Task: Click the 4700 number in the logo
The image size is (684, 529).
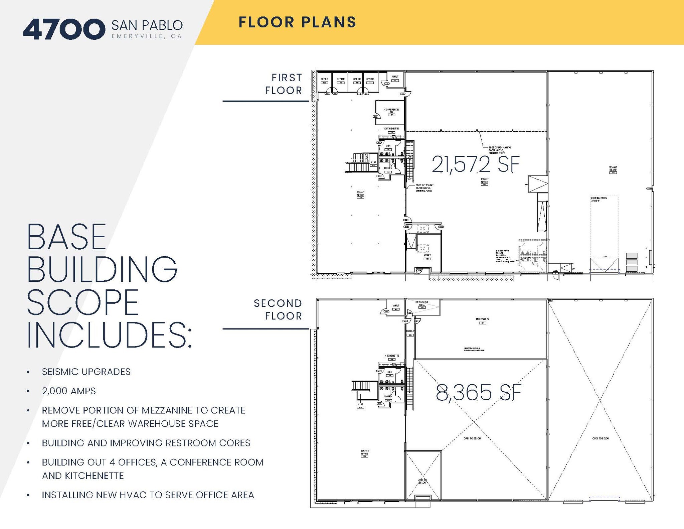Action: (63, 29)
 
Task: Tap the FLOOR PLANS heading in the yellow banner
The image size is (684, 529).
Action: (297, 22)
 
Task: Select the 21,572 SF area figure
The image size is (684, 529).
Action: (475, 164)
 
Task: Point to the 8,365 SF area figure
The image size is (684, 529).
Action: (478, 393)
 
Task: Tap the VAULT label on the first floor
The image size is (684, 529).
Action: (395, 77)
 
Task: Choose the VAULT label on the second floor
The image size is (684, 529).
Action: (396, 305)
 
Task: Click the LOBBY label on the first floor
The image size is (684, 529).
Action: (427, 255)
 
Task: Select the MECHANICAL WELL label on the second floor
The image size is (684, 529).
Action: (422, 303)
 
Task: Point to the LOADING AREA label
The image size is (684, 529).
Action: (599, 199)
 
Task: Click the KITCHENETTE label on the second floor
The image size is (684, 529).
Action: (391, 356)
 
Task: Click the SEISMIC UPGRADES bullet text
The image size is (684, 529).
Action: (86, 372)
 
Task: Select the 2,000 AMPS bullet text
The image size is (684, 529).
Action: (69, 391)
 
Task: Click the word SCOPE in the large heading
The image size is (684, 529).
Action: (82, 302)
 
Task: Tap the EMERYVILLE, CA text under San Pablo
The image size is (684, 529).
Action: (147, 36)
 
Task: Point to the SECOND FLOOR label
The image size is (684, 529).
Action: (278, 309)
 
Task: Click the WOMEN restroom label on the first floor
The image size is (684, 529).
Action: (388, 168)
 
